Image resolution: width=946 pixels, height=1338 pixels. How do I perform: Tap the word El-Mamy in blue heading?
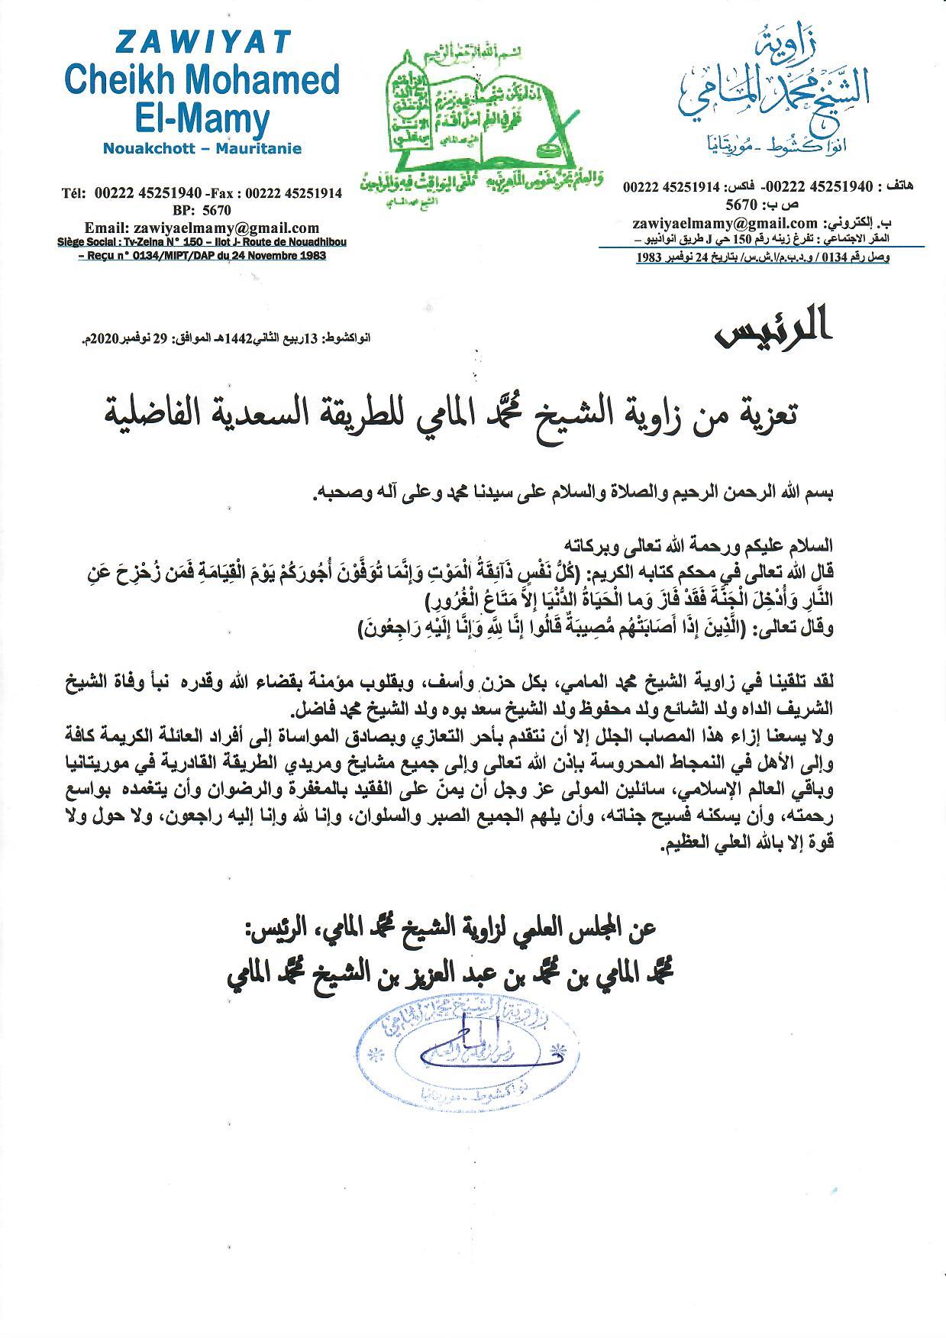(202, 119)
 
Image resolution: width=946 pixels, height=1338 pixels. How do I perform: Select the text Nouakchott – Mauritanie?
(202, 148)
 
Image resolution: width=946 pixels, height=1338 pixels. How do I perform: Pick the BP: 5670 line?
(202, 210)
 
